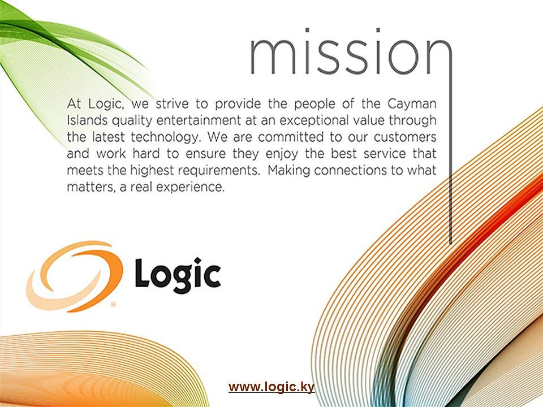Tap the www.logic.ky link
pyautogui.click(x=271, y=387)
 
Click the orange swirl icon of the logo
pyautogui.click(x=74, y=275)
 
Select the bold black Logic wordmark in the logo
pyautogui.click(x=177, y=275)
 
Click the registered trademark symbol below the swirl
pyautogui.click(x=113, y=304)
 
